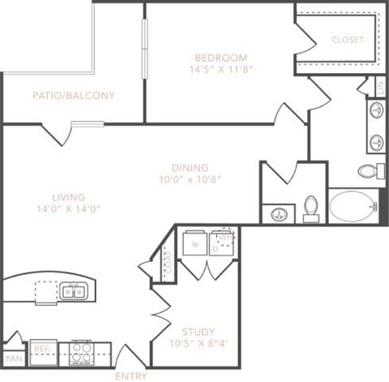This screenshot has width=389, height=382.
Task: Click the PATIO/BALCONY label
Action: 74,96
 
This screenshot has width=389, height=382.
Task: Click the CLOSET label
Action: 348,40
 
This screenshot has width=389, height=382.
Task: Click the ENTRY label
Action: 130,376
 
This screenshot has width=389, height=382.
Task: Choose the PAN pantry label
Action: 12,358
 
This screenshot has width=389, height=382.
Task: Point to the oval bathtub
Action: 353,205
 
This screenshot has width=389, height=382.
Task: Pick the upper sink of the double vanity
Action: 377,109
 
